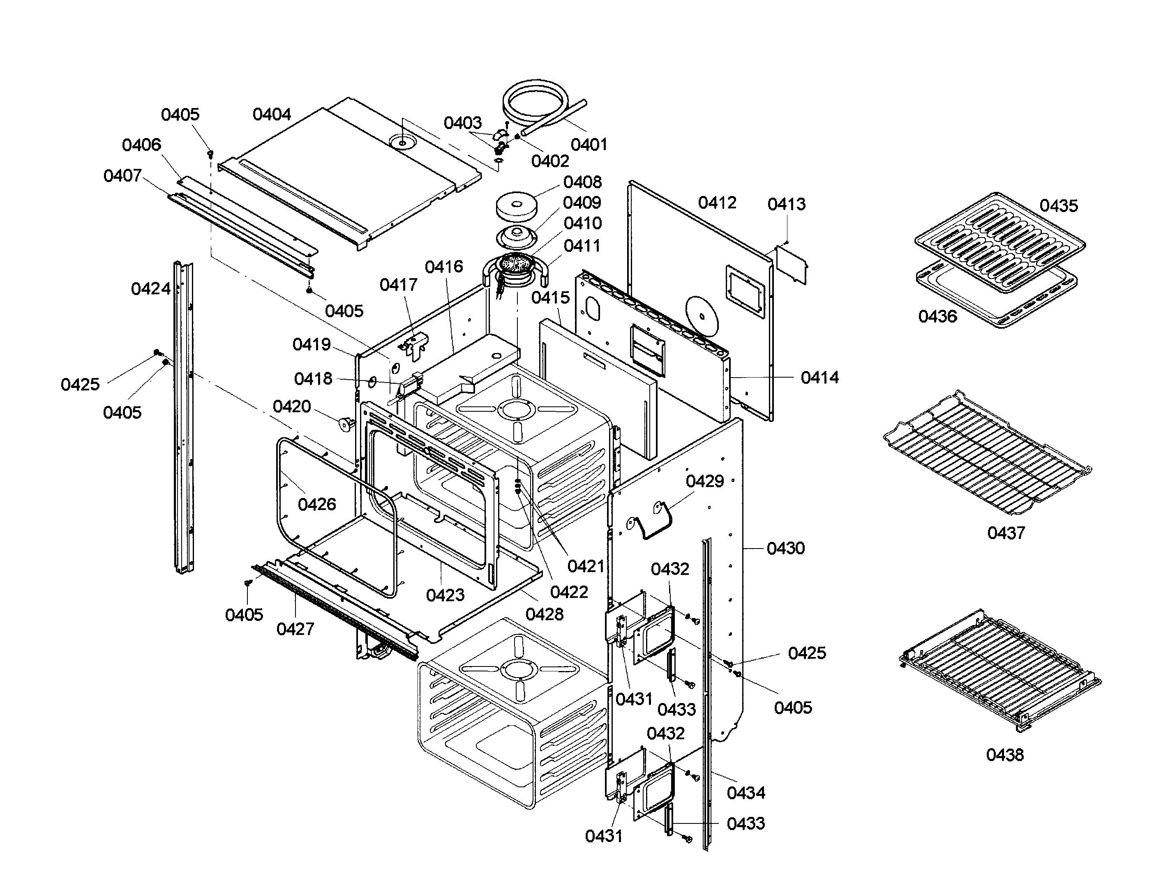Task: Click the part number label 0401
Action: point(589,144)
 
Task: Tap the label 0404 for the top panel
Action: point(272,114)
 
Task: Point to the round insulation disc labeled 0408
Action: point(516,207)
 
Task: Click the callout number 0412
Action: point(717,203)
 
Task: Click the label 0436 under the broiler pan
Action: point(937,316)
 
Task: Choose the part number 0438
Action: point(1005,754)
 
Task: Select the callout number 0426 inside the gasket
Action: point(317,504)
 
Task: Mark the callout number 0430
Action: point(785,548)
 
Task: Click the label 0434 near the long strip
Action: point(746,793)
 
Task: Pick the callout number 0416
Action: point(443,267)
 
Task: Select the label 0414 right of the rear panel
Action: point(819,377)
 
